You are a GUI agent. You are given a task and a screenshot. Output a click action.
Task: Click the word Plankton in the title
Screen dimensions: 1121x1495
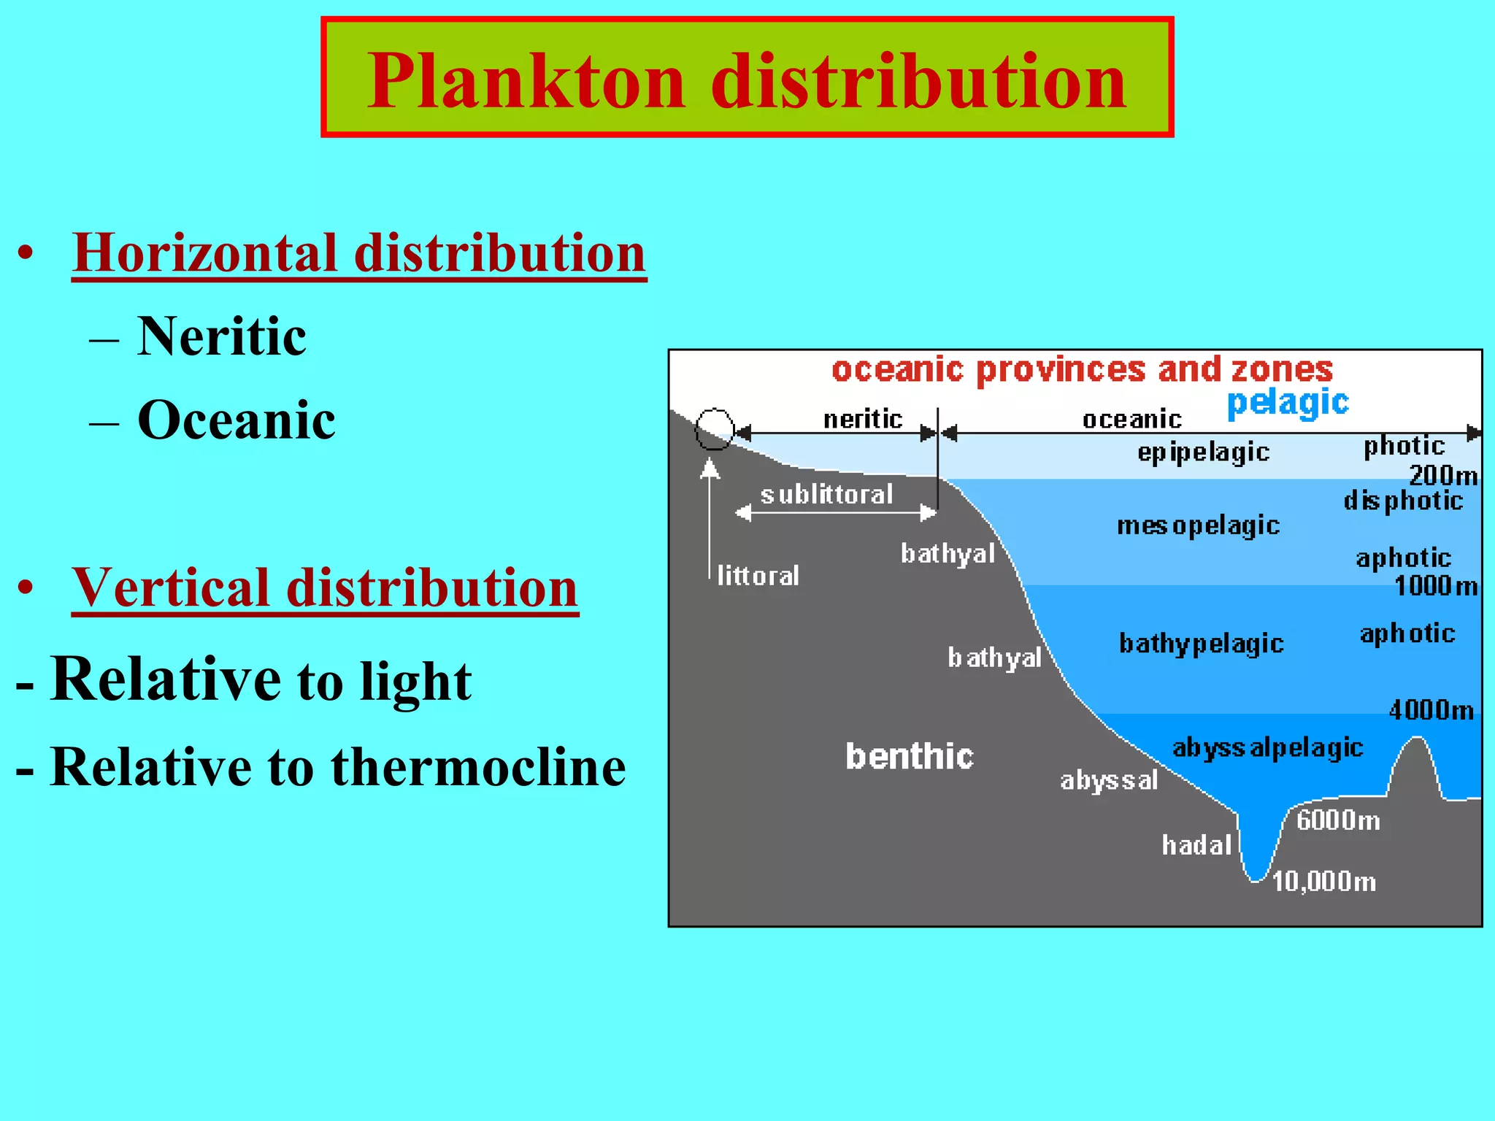[x=526, y=81]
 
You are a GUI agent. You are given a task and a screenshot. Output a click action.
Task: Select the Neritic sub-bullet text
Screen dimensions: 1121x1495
[x=222, y=336]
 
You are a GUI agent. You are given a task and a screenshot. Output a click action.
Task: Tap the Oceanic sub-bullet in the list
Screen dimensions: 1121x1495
[x=237, y=420]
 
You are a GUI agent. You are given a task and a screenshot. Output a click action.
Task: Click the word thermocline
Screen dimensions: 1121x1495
[x=478, y=767]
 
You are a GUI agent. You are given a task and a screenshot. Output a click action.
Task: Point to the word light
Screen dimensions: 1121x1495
[x=415, y=682]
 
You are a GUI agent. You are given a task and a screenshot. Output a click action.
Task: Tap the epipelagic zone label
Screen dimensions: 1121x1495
[x=1204, y=453]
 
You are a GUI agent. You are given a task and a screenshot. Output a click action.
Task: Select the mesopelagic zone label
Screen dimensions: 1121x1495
[x=1198, y=526]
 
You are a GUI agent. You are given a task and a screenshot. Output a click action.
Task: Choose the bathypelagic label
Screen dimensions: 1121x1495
[x=1201, y=644]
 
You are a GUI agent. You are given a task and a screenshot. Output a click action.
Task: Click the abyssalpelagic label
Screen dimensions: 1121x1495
[x=1268, y=748]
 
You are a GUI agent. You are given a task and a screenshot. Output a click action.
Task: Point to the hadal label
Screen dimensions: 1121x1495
[x=1196, y=845]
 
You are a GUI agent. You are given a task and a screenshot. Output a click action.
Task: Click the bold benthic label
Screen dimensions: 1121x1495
[x=910, y=756]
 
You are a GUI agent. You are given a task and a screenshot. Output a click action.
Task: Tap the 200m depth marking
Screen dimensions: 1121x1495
[x=1443, y=476]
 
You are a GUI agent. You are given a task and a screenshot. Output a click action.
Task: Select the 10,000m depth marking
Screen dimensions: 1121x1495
[x=1323, y=882]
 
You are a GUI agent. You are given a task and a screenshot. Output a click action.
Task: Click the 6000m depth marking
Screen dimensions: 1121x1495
[x=1338, y=821]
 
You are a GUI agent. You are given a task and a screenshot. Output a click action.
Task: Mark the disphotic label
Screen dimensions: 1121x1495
[x=1403, y=501]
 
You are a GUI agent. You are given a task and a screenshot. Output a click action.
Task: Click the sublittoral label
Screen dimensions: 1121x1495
[x=826, y=495]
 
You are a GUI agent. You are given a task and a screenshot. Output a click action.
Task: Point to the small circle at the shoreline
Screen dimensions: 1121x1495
[x=714, y=429]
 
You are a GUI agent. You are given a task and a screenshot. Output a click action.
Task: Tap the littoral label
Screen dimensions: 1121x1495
[x=758, y=576]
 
